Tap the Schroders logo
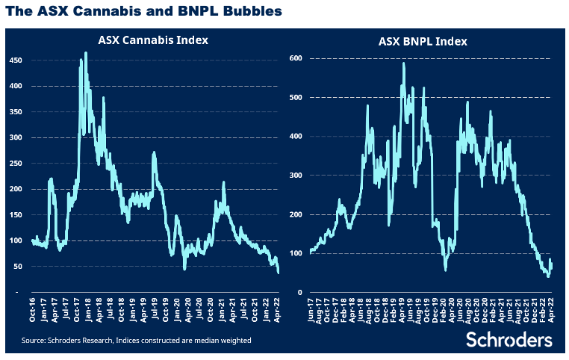[x=509, y=340]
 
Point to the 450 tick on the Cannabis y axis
[x=15, y=60]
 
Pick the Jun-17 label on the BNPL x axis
[x=310, y=312]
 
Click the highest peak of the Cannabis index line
[x=86, y=52]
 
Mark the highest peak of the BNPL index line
[x=403, y=63]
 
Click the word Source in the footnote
[x=36, y=341]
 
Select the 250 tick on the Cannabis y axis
[x=15, y=164]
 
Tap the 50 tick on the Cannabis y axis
[x=17, y=267]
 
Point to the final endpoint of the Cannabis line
[x=279, y=273]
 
